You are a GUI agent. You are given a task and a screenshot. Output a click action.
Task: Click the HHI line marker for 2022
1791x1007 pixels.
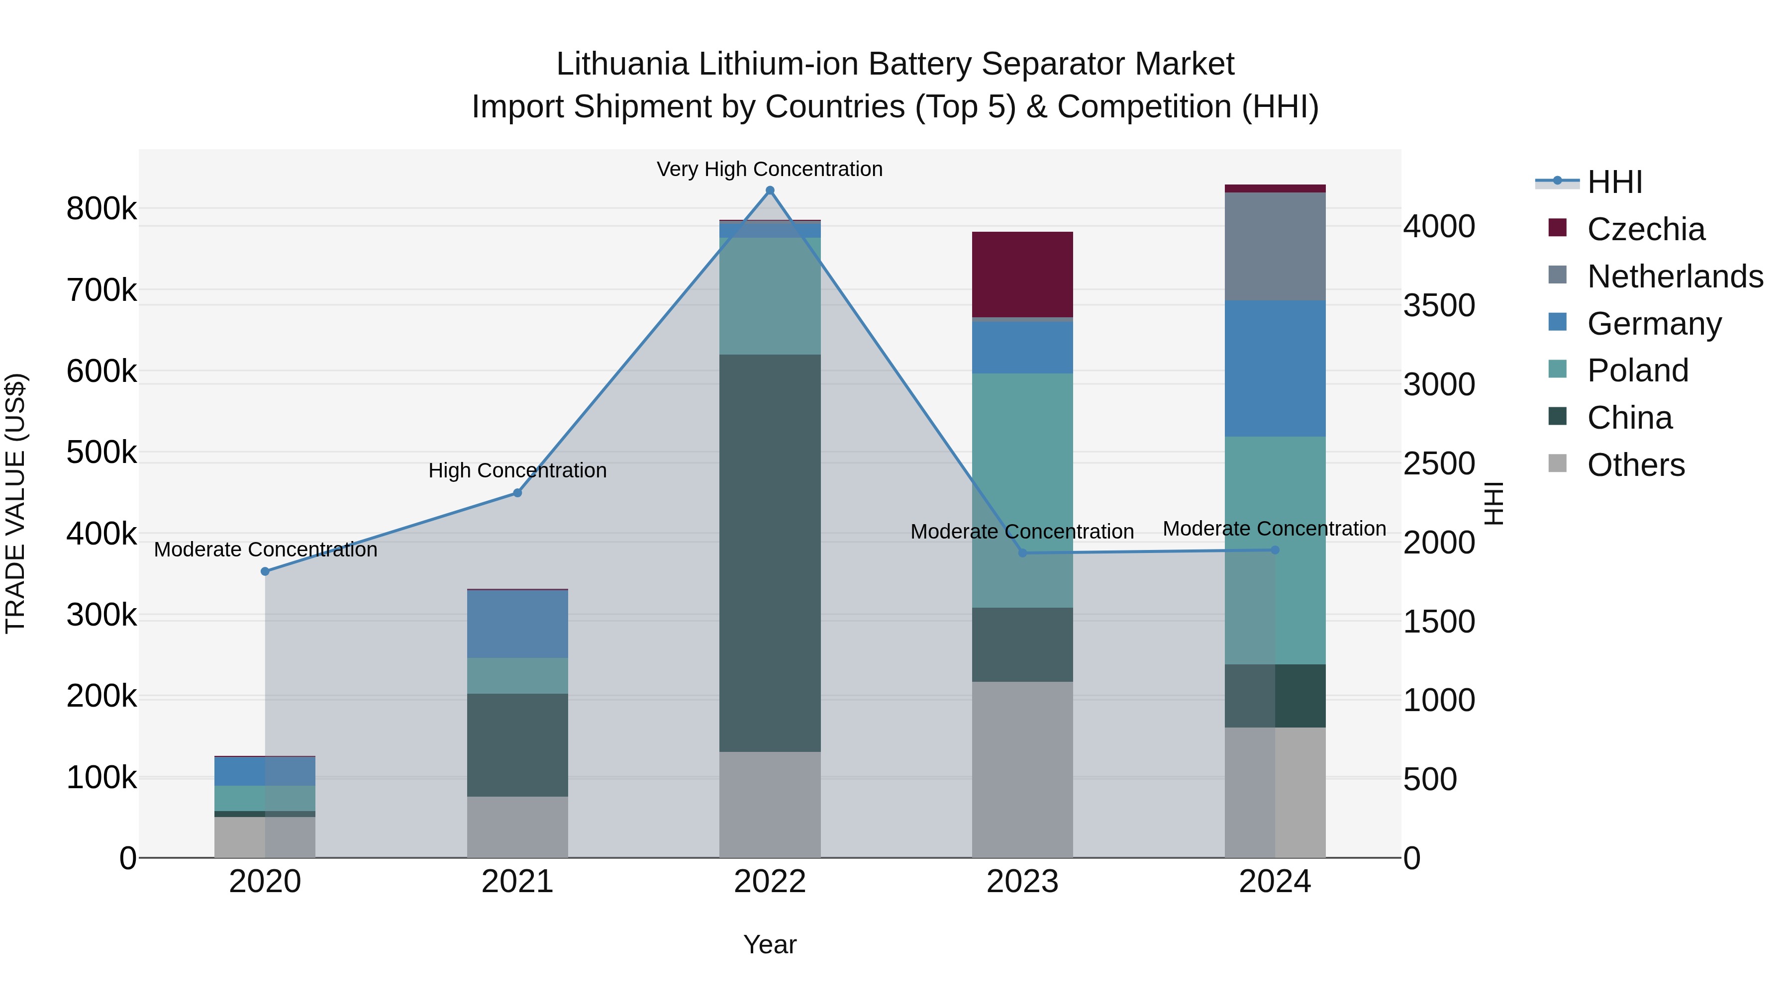click(770, 190)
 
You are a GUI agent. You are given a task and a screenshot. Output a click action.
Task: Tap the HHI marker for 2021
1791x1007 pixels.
click(517, 493)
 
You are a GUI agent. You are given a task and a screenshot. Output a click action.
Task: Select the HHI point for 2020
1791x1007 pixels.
click(265, 571)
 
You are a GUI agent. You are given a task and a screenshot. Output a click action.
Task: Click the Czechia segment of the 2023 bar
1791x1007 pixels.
click(1022, 275)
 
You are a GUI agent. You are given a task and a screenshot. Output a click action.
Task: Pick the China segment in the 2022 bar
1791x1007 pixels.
click(770, 552)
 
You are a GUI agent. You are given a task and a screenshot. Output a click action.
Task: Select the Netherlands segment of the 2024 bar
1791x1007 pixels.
click(1275, 246)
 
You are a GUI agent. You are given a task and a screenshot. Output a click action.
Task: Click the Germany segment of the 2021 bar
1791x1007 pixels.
click(517, 624)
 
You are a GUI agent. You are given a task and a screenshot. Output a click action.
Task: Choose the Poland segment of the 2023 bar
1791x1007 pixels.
click(1022, 490)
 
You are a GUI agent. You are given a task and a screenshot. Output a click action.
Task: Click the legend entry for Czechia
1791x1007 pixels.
click(1645, 229)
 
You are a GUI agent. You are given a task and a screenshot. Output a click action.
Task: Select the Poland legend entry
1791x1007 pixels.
click(1637, 370)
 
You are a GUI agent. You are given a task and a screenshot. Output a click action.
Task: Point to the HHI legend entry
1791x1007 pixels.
click(1614, 182)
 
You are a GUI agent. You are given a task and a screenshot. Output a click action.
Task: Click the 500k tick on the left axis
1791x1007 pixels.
click(101, 453)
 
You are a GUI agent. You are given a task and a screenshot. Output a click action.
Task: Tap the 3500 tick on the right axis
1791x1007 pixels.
click(1438, 305)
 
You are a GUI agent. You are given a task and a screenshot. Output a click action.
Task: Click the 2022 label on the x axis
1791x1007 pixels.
click(770, 882)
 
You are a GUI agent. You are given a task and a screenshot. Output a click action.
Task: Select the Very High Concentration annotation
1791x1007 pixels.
click(770, 169)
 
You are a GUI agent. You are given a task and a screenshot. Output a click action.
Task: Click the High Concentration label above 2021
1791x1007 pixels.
click(517, 470)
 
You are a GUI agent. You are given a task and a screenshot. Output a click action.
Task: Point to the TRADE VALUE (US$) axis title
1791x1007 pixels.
click(15, 503)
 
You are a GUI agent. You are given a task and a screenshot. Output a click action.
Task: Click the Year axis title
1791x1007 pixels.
click(770, 944)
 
